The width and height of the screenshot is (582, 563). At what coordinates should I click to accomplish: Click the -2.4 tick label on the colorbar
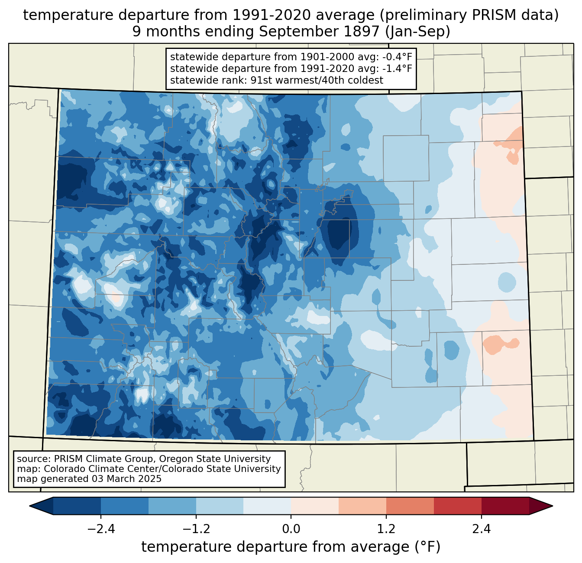(100, 529)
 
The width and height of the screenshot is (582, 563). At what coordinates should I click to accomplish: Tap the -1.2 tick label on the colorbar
(196, 529)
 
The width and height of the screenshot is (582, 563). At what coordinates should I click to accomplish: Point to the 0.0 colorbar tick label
(291, 529)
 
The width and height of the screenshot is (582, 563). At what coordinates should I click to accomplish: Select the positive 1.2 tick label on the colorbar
(386, 529)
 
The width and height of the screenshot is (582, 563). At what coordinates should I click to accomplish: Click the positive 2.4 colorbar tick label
(482, 529)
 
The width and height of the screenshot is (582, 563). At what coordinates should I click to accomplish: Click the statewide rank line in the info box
(276, 80)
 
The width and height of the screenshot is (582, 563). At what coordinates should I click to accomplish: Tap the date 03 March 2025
(126, 479)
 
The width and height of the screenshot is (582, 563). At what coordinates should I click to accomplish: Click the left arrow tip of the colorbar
(31, 506)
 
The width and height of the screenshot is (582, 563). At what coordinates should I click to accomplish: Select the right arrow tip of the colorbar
(551, 506)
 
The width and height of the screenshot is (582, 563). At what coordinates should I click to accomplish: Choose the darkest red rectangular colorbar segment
(505, 506)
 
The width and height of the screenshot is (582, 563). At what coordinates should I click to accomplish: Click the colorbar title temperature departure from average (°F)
(291, 547)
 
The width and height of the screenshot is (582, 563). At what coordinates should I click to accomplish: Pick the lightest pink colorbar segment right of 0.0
(315, 506)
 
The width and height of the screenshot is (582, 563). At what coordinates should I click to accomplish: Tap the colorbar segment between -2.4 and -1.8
(125, 506)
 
